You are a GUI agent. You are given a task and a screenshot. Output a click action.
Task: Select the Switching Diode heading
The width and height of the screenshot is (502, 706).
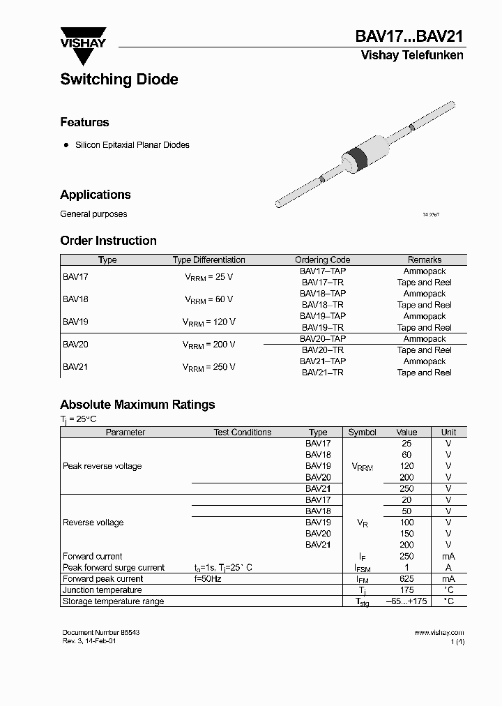[119, 80]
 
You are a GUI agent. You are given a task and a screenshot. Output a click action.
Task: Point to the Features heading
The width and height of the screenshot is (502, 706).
[84, 122]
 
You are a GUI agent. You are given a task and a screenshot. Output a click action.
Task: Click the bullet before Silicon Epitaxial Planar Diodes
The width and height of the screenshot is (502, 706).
[66, 145]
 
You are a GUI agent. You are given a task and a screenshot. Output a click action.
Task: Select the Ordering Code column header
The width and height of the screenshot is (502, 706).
[322, 260]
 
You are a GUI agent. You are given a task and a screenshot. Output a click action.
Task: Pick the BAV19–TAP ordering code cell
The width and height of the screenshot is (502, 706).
[322, 316]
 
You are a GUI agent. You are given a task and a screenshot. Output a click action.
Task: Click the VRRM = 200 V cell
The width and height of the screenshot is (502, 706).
[208, 345]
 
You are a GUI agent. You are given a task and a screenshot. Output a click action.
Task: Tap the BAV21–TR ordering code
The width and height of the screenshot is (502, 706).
[322, 373]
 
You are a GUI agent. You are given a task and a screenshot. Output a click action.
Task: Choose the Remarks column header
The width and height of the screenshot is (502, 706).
[424, 260]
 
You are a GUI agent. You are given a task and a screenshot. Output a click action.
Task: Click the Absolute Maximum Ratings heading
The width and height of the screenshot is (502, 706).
[137, 405]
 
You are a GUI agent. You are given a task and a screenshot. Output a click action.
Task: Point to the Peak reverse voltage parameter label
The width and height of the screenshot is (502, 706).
[102, 466]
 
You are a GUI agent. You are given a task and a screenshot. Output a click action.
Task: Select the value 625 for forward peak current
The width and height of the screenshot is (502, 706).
[406, 579]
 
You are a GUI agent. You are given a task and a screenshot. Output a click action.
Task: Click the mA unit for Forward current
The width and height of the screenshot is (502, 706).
[448, 556]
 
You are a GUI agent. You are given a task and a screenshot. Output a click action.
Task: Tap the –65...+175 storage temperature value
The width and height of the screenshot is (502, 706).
[406, 601]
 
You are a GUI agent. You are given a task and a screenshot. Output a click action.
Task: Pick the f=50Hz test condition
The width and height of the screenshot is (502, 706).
[207, 579]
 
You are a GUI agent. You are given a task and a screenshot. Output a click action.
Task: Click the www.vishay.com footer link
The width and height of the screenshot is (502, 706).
[439, 633]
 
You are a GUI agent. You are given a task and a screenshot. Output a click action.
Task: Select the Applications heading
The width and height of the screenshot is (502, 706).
[96, 195]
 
